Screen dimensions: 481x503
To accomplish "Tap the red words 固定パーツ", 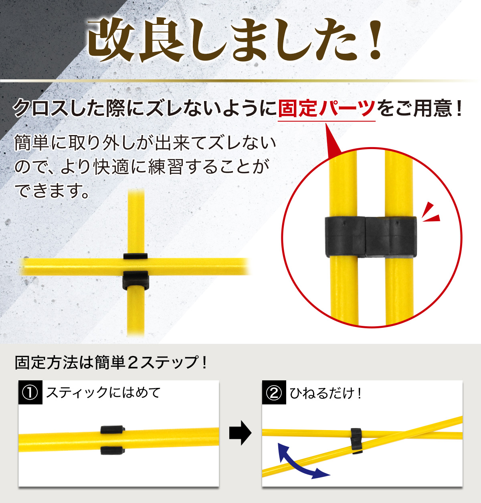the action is [x=327, y=108].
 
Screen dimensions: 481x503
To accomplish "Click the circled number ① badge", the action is [x=30, y=392].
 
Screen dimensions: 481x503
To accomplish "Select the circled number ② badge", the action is [x=274, y=392].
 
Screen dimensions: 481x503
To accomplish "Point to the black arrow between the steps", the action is [x=240, y=433].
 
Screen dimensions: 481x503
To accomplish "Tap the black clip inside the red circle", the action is [x=371, y=237].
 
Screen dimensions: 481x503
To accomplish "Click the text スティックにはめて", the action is [x=103, y=392].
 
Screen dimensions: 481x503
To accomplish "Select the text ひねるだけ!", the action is [x=325, y=393].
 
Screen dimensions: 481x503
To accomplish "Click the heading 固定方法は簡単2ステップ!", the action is [x=111, y=362].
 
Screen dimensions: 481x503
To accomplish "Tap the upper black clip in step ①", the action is [x=112, y=429].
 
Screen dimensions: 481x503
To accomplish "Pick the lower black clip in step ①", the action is [x=112, y=450].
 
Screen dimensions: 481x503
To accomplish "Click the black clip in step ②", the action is [x=356, y=441].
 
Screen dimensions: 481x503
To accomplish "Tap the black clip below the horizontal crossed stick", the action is [x=135, y=280].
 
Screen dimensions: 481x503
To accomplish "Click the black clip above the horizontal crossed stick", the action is [x=135, y=256].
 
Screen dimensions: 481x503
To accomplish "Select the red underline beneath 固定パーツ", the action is [x=327, y=121].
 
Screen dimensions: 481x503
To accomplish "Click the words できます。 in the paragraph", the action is [x=52, y=191].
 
